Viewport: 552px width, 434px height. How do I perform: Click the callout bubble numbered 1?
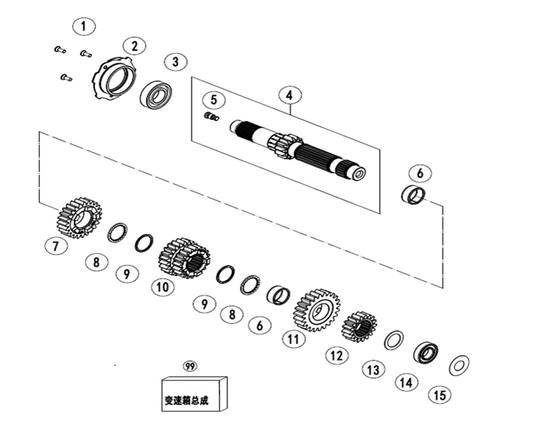(x=84, y=26)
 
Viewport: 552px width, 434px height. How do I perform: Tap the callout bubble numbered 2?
(x=135, y=46)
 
